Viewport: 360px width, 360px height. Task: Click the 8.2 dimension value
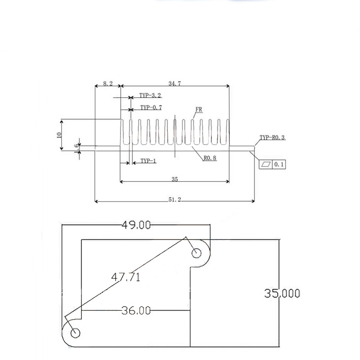[108, 84]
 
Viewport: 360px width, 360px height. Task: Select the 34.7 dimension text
[175, 84]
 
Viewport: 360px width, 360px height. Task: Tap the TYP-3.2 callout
[150, 95]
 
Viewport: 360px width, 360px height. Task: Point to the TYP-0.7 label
[151, 108]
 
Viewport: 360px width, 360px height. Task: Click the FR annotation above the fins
[199, 109]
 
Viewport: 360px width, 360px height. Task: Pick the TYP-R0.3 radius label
[272, 138]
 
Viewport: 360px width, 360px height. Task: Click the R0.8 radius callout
[210, 158]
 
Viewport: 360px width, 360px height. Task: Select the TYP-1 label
[148, 161]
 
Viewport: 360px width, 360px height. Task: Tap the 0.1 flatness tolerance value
[279, 164]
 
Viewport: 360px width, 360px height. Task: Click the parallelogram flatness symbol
[266, 164]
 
